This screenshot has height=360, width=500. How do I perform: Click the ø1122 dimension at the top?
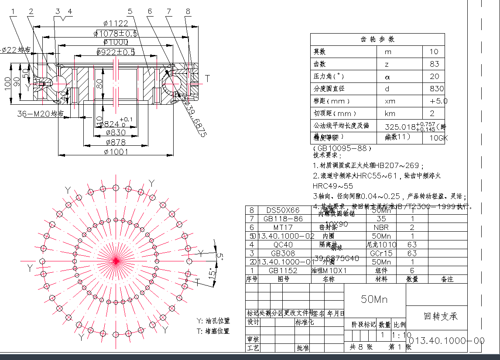116,24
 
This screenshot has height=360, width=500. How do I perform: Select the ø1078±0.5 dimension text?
116,33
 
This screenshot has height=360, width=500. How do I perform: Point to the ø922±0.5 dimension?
116,52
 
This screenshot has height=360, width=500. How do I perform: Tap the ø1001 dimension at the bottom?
116,151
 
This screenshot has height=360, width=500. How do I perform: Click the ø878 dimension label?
116,142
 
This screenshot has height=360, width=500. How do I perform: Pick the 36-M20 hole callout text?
43,114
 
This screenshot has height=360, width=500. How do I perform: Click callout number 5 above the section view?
130,11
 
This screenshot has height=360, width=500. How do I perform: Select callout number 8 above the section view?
188,11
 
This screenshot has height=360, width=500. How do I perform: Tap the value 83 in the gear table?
434,64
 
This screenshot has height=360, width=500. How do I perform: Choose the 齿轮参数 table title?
377,39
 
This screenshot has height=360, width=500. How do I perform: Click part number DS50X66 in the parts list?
283,210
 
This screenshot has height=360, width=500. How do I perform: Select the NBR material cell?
381,227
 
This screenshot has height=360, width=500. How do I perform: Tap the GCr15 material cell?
381,253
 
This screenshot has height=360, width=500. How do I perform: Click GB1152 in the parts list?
283,271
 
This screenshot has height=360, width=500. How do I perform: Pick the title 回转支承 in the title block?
441,316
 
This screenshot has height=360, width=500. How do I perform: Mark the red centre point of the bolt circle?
116,261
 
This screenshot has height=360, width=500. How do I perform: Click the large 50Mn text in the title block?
374,299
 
